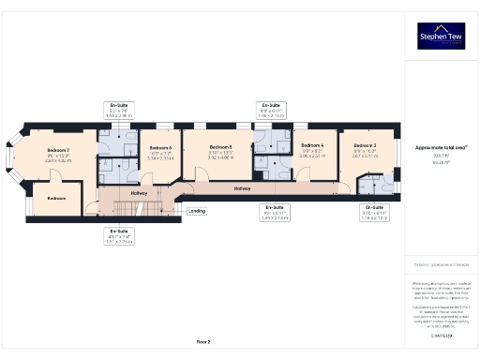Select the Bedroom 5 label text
click(220, 147)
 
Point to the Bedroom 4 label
click(311, 146)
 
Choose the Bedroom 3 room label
click(365, 146)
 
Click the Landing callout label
click(197, 211)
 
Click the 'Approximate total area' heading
click(441, 146)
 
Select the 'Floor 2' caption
click(202, 342)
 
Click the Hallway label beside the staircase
click(140, 193)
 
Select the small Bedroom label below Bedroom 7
click(57, 198)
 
